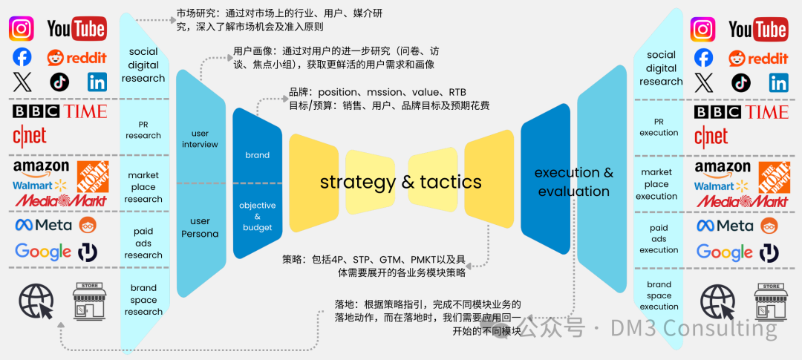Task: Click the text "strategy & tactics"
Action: [400, 182]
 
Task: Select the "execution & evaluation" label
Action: [573, 182]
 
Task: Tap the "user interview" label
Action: [200, 139]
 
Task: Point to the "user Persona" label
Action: [200, 227]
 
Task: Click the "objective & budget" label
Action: [257, 216]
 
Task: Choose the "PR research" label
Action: [143, 130]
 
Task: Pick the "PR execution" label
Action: [659, 127]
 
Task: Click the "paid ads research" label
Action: [143, 243]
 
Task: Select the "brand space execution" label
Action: [659, 295]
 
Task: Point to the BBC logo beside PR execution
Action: [717, 112]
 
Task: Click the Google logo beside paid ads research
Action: [42, 252]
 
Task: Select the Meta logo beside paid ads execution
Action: [724, 225]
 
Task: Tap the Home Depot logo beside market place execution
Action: [773, 176]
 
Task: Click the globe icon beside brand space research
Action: [36, 301]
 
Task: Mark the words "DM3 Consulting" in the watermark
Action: [694, 327]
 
